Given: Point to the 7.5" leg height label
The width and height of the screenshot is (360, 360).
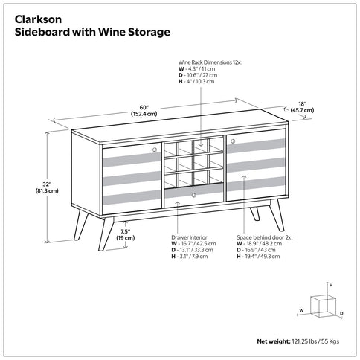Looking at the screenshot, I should [x=126, y=234].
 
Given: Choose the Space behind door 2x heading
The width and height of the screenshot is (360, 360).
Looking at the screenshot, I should [x=264, y=236].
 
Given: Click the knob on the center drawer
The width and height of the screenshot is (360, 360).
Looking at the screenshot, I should [x=193, y=195].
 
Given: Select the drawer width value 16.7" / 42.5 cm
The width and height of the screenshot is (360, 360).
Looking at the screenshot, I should [x=195, y=242].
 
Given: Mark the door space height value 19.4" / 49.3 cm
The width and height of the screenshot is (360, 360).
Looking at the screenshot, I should [x=262, y=256].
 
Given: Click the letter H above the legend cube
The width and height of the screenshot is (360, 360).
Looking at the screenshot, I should [x=330, y=284].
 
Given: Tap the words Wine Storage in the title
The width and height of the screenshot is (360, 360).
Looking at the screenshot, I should [x=133, y=33].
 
